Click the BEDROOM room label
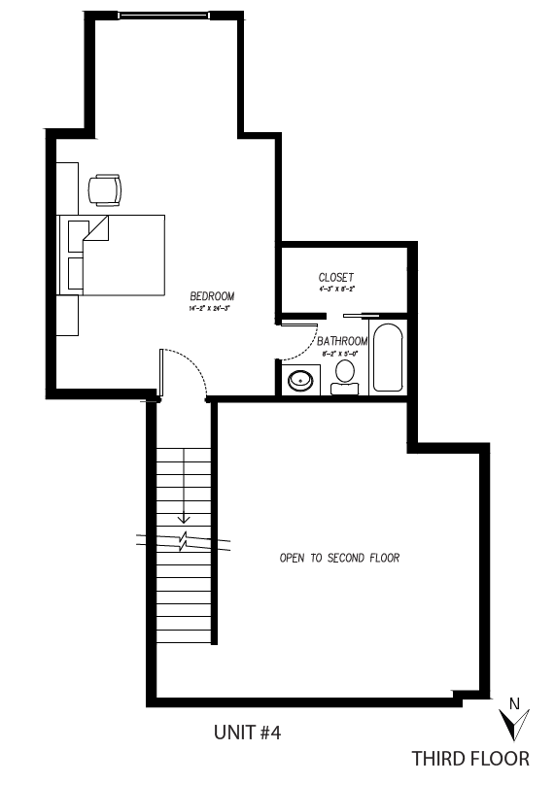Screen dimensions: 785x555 point(212,296)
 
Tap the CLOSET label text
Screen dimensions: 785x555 point(336,278)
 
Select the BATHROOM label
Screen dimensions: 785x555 point(342,341)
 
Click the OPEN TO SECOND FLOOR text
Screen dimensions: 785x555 point(339,559)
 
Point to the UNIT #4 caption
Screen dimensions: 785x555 point(247,733)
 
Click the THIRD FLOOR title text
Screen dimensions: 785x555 point(470,759)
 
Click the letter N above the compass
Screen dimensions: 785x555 point(515,703)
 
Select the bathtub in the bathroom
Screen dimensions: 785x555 point(387,358)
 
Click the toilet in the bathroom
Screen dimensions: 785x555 point(344,381)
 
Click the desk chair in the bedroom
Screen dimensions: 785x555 point(105,189)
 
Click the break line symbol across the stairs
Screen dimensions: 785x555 point(185,539)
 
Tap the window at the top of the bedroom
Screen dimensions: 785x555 point(162,15)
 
